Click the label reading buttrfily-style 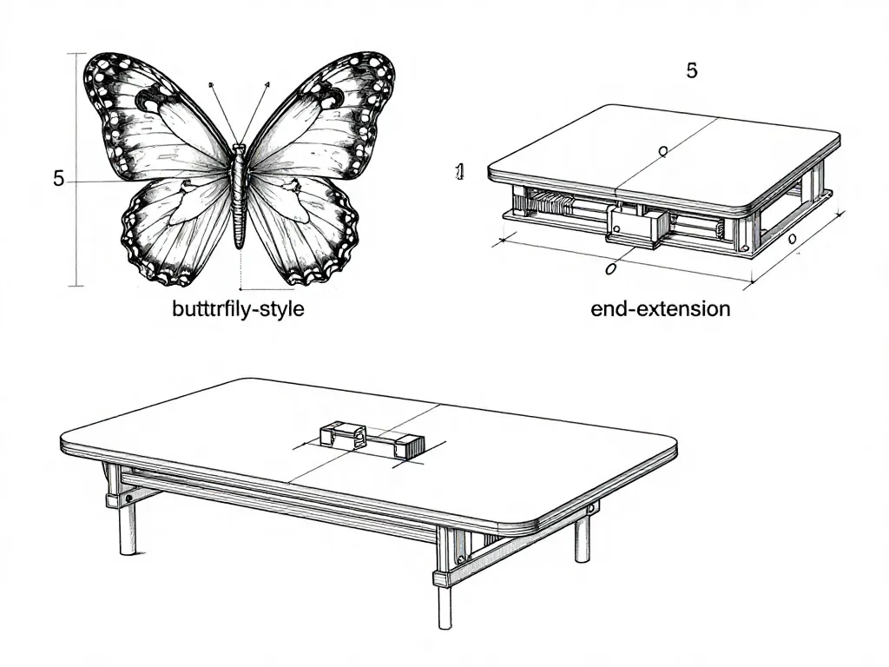click(238, 309)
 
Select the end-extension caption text click(661, 308)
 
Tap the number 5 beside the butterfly click(58, 179)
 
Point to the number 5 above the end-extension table click(692, 70)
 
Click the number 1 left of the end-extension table click(460, 171)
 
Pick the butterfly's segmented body click(240, 195)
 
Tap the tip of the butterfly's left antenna click(211, 85)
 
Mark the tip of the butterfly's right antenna click(267, 84)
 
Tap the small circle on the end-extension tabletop click(662, 150)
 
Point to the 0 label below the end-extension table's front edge click(610, 268)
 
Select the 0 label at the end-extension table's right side click(793, 238)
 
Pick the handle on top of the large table click(372, 439)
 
